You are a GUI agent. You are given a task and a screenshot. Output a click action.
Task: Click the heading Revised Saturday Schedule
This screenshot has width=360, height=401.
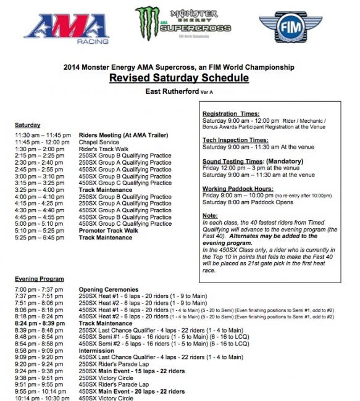pos(178,78)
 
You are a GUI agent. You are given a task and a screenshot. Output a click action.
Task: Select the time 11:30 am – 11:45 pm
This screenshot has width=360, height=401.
pos(43,135)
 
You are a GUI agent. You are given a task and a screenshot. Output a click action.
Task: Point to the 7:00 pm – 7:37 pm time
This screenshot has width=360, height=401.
pos(40,289)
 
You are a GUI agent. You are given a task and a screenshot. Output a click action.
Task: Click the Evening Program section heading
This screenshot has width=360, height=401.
pos(39,279)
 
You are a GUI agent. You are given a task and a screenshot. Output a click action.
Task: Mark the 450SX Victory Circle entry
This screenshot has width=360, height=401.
pos(106,398)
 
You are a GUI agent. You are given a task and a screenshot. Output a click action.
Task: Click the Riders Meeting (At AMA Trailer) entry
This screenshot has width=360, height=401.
pos(123,135)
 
